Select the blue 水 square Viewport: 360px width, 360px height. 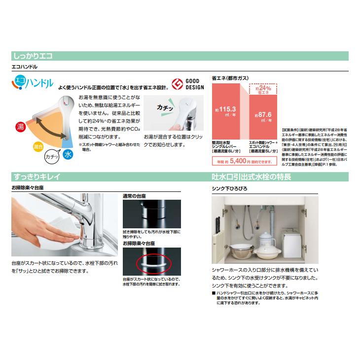coord(68,154)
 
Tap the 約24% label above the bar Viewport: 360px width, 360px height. coord(265,89)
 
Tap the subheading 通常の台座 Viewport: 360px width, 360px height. coord(134,196)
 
